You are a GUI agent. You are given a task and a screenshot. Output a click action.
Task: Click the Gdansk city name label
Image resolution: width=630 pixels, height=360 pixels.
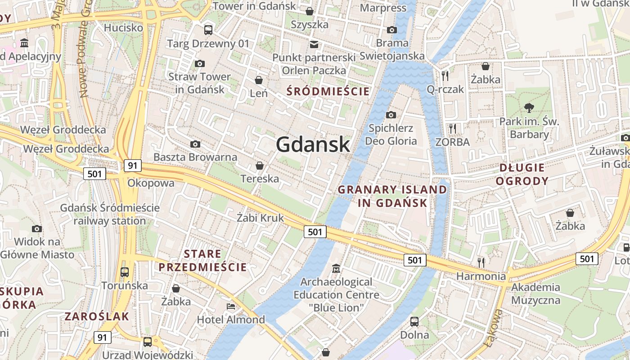click(x=313, y=144)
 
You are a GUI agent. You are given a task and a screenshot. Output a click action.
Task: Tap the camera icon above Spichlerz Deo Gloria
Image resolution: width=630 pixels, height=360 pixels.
click(x=391, y=115)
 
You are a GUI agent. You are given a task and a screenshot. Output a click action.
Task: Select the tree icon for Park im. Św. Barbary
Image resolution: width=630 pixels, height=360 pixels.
click(x=529, y=108)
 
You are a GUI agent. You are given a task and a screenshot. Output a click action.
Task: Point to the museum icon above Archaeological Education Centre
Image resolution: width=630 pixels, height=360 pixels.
click(x=336, y=269)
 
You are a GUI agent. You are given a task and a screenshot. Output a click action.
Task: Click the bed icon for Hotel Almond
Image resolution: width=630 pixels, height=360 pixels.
click(x=231, y=306)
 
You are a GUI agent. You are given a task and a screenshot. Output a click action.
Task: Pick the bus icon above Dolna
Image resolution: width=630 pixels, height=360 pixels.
click(x=414, y=321)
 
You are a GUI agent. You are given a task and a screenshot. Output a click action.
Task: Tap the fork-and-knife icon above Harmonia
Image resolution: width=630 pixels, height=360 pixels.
click(x=481, y=262)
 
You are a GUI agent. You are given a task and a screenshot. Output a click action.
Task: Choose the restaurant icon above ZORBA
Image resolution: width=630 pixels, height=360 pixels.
click(x=452, y=129)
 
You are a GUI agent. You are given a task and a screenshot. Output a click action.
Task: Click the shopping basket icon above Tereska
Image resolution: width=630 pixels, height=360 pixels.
click(x=259, y=166)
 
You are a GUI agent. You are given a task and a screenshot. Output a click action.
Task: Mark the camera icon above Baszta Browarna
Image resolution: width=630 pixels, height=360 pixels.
click(x=195, y=144)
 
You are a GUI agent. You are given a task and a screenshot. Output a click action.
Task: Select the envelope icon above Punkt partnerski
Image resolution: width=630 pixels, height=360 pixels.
click(x=314, y=44)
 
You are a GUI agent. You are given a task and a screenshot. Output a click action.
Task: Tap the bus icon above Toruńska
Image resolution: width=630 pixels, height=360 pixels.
click(x=125, y=272)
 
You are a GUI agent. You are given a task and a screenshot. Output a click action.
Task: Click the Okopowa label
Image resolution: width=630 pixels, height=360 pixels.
click(x=151, y=183)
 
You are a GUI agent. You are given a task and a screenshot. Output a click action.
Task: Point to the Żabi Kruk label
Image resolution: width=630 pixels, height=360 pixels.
click(x=261, y=218)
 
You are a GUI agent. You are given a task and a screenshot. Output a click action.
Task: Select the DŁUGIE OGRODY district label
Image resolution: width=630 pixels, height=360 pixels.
click(x=524, y=175)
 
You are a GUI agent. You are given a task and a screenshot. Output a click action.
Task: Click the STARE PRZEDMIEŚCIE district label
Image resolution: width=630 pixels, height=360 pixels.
click(x=202, y=261)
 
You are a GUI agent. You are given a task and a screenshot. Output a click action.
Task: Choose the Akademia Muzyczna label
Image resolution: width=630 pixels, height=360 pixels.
click(x=536, y=293)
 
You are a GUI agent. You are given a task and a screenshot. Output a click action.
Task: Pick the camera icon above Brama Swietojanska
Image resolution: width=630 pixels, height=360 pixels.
click(x=392, y=30)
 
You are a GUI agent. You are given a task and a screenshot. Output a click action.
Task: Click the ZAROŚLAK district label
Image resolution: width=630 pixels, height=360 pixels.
click(x=97, y=316)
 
